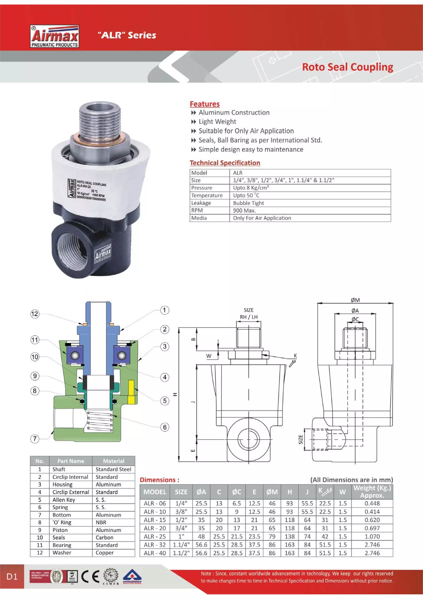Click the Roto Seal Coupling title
pyautogui.click(x=347, y=67)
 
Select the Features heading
pyautogui.click(x=205, y=104)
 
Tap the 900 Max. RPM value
pyautogui.click(x=244, y=210)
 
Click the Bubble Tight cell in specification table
pyautogui.click(x=248, y=203)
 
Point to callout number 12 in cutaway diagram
pyautogui.click(x=35, y=314)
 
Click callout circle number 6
pyautogui.click(x=164, y=427)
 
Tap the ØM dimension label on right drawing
pyautogui.click(x=355, y=300)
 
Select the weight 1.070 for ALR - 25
pyautogui.click(x=372, y=536)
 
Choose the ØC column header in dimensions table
pyautogui.click(x=236, y=492)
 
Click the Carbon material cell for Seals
pyautogui.click(x=105, y=537)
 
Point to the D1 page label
pyautogui.click(x=12, y=576)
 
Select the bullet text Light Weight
pyautogui.click(x=217, y=122)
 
